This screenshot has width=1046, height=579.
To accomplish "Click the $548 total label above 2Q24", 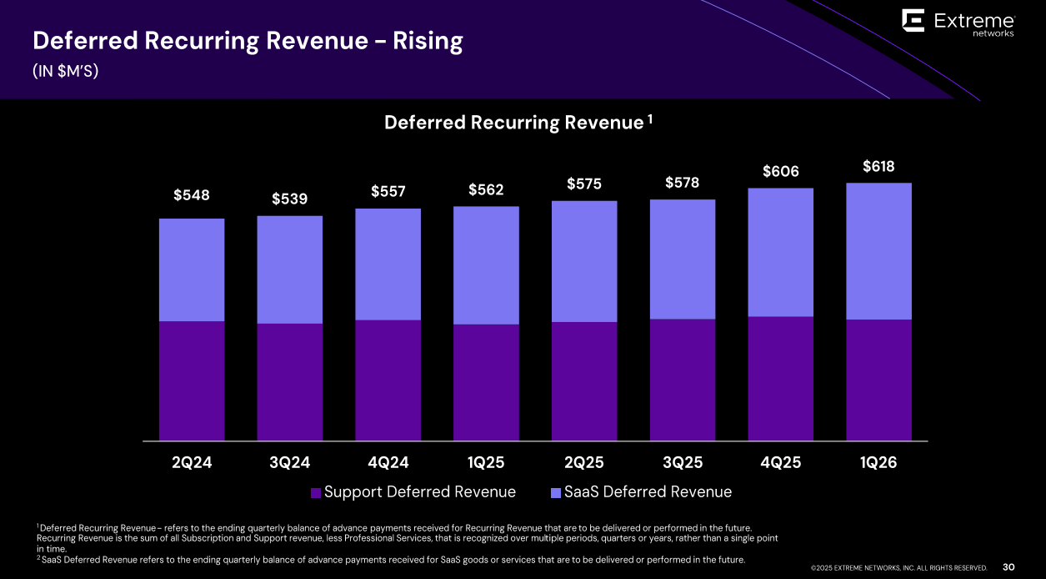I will coord(192,195).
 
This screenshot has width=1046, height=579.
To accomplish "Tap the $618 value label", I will coord(878,167).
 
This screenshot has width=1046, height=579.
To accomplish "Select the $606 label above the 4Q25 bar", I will coord(780,172).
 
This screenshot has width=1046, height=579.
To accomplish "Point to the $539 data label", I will coord(289,199).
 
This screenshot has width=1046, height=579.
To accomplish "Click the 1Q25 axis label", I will coord(486,463).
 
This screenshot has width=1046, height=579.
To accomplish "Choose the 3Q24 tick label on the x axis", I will coord(289,463).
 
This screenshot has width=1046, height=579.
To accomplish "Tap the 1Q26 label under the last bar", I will coord(878,463).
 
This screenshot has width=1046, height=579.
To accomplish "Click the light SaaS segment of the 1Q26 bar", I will coord(878,250).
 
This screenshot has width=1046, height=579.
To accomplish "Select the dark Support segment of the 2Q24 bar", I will coord(192,380).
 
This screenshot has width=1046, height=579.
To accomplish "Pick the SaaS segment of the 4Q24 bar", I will coord(388,264).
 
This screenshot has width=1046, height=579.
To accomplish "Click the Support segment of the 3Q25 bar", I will coord(683,380).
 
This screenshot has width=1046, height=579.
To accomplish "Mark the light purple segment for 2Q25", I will coord(584,261).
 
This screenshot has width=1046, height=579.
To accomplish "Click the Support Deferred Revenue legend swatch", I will coord(316,493).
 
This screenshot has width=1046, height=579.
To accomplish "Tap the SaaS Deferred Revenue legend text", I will coord(648,492).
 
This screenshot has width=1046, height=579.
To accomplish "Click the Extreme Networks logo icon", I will coord(913,21).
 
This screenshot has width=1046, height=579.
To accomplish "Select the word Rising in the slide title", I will coord(428,41).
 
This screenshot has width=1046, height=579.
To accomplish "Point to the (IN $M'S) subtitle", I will coord(66,72).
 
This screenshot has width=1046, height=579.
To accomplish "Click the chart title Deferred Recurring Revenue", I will coord(513,123).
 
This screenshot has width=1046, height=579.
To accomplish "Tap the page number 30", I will coord(1008,567).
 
